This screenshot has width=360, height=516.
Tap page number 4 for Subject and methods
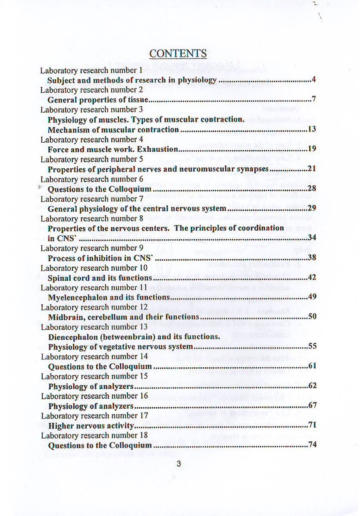click(314, 80)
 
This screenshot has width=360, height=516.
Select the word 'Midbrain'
click(65, 317)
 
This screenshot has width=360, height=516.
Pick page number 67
click(313, 406)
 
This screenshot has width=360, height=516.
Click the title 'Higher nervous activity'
click(91, 426)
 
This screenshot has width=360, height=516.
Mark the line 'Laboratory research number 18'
click(94, 436)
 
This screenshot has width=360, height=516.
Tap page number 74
click(313, 445)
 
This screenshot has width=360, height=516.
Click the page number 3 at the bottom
click(178, 464)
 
